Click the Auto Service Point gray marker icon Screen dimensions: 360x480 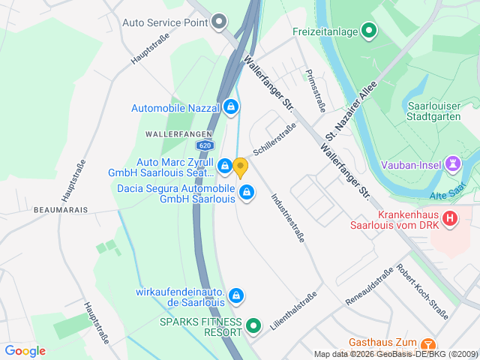coord(219,22)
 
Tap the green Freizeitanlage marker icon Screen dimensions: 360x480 coord(368,31)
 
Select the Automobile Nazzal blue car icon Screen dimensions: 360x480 coord(231,108)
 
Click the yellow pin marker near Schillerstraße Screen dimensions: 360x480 coord(240,166)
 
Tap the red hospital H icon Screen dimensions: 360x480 coord(450,218)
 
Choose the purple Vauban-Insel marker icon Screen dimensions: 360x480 coord(454,163)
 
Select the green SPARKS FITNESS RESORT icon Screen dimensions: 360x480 coord(253,327)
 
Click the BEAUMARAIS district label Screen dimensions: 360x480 coord(61,211)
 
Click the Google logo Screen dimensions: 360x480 coord(25,351)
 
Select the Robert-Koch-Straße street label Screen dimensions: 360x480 coord(424,292)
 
